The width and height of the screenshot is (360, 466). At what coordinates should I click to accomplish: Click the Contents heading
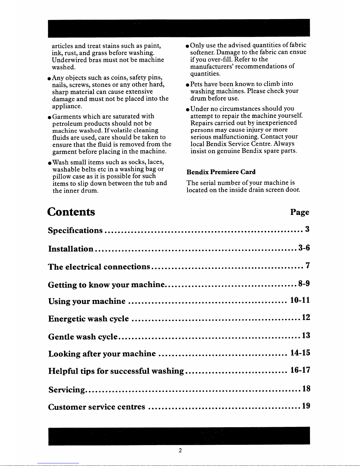pos(71,212)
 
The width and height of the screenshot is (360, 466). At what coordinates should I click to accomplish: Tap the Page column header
pos(299,212)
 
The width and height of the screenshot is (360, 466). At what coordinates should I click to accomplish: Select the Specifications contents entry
pos(75,230)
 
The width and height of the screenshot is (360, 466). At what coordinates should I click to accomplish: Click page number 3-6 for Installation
pos(304,248)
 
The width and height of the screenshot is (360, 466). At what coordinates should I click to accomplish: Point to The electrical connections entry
pos(99,267)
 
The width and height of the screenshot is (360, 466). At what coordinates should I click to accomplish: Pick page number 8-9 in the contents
pos(304,284)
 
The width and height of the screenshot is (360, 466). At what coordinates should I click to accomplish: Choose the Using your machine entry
pos(87,301)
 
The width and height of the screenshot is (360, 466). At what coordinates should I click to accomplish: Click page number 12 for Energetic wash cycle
pos(306,318)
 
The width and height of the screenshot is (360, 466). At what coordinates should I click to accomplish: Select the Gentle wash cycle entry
pos(83,337)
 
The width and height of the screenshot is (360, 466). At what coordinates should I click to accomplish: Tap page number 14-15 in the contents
pos(300,353)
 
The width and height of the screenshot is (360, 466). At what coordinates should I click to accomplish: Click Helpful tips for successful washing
pos(116,371)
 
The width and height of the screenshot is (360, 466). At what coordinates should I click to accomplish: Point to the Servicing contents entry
pos(67,390)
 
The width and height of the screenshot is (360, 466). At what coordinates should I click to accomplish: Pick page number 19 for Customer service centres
pos(306,406)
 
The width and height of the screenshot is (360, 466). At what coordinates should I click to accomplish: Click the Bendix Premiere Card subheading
pos(221,172)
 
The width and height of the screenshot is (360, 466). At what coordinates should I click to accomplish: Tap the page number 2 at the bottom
pos(180,450)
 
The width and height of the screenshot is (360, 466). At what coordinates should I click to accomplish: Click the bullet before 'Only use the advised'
pos(187,46)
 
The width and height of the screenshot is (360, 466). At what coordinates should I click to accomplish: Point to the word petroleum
pos(66,123)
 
